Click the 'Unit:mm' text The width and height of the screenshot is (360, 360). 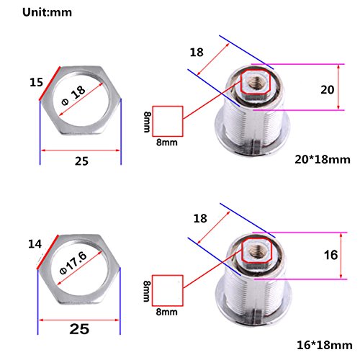coord(47,12)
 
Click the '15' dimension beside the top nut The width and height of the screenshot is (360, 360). coord(36,82)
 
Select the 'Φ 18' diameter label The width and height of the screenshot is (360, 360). coord(73,95)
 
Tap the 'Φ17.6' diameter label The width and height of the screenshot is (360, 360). coord(73,263)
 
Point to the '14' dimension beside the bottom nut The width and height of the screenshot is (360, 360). coord(35,244)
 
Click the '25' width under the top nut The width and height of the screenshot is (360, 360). coord(81,161)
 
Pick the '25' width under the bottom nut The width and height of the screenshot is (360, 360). coord(79,329)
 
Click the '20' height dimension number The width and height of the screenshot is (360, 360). coord(328,90)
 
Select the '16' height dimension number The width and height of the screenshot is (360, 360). coord(331,255)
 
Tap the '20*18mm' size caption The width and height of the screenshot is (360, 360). coord(323,160)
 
